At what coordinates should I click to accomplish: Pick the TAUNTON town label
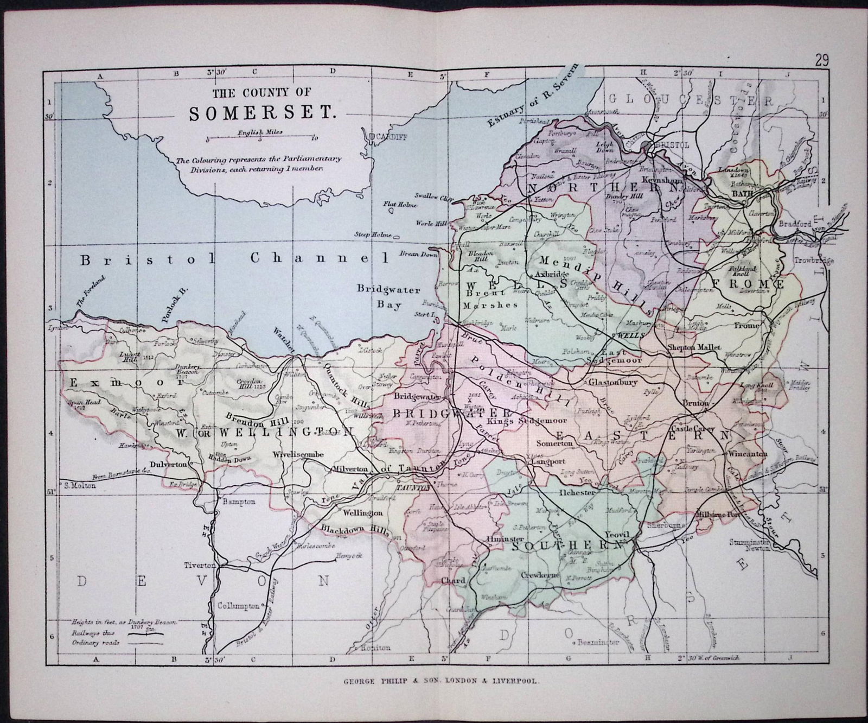[413, 488]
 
